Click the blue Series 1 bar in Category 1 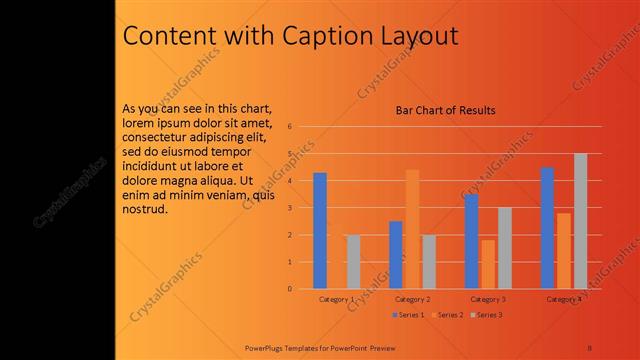click(320, 231)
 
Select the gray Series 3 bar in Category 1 click(353, 262)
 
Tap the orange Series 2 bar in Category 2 click(412, 229)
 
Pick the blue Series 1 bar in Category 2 click(396, 255)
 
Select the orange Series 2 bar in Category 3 click(488, 264)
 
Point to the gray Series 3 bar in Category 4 click(580, 221)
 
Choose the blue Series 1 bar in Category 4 click(547, 228)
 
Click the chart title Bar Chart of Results click(446, 110)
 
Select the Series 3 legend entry click(486, 315)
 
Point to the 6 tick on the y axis click(289, 127)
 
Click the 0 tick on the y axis click(289, 289)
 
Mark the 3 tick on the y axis click(289, 208)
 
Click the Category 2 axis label click(412, 300)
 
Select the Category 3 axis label click(488, 300)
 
